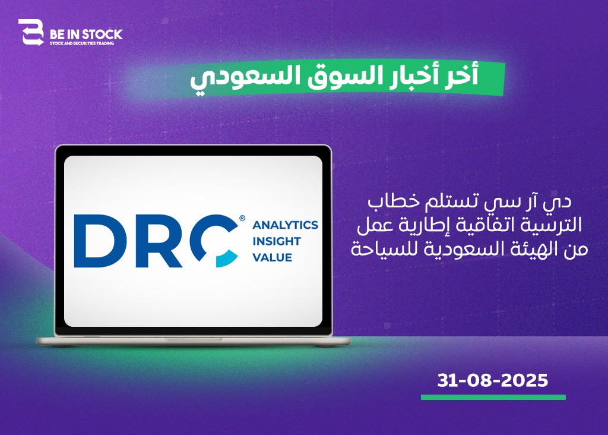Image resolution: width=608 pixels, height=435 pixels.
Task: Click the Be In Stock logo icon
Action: tap(31, 32)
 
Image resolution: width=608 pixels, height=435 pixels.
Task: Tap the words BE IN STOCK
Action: tap(86, 34)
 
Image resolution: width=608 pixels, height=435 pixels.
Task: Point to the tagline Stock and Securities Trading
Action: tap(82, 43)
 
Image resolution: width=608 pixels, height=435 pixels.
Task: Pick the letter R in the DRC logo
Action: tap(159, 241)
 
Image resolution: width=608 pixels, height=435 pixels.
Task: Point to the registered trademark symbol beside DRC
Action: tap(242, 218)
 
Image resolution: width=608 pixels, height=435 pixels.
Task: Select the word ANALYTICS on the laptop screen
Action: tap(286, 225)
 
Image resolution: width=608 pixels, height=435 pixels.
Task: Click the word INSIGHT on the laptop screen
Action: tap(277, 241)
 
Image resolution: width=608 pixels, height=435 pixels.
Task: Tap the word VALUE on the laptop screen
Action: tap(272, 258)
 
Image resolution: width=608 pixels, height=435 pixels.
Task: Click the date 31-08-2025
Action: tap(492, 380)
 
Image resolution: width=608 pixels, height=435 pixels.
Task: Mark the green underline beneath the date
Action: tap(493, 398)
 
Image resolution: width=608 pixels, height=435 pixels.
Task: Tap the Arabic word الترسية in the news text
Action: tap(555, 225)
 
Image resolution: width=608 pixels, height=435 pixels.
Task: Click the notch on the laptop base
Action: tap(194, 339)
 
